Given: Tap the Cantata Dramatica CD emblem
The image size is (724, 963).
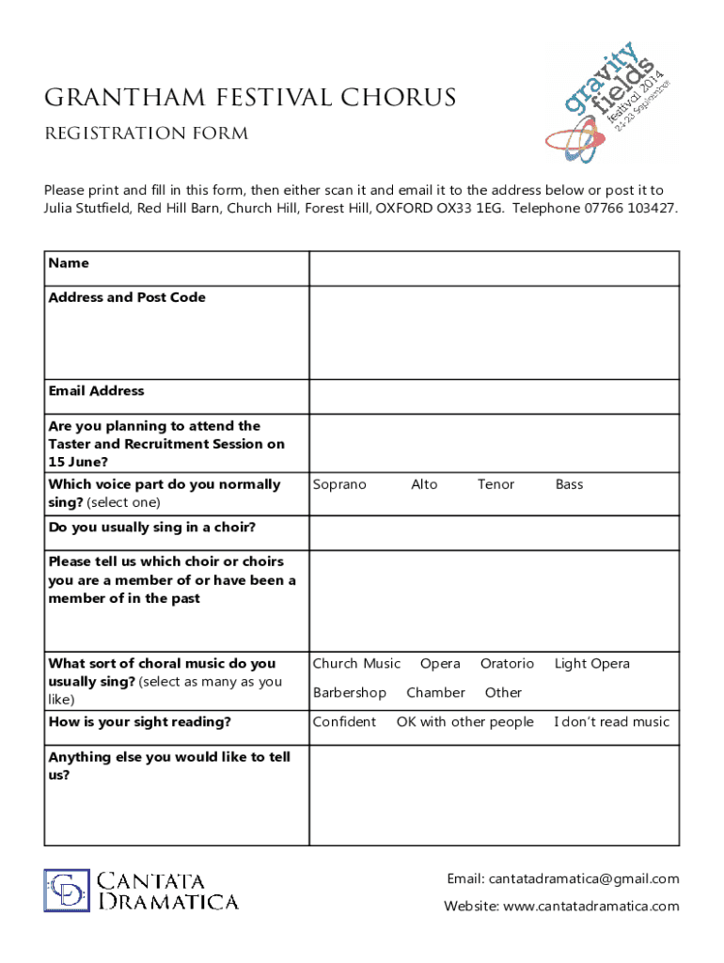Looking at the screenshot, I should click(x=67, y=891).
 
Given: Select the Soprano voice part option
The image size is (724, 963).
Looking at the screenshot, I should click(x=339, y=484).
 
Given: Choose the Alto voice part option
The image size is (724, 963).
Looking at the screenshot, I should click(x=424, y=484).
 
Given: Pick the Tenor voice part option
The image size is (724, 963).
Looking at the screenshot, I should click(x=496, y=484).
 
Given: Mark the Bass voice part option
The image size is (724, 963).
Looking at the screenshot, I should click(x=569, y=484).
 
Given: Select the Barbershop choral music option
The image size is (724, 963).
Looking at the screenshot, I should click(x=349, y=692).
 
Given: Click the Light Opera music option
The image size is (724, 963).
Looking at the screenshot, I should click(x=591, y=664).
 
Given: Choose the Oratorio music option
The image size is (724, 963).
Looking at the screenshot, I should click(x=507, y=664).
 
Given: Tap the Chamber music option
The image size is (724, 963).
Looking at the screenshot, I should click(x=435, y=692).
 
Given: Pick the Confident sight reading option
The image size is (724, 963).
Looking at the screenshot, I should click(x=344, y=722).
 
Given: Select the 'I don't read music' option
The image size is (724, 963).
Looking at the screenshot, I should click(x=611, y=722).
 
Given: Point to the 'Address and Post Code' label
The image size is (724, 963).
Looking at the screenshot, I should click(x=127, y=297).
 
